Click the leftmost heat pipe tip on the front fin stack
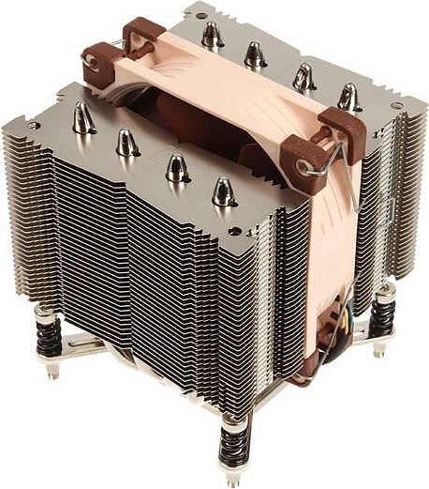tap(82, 117)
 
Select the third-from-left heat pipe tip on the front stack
tap(176, 167)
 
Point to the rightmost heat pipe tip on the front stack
tap(223, 191)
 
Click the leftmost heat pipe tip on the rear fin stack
tap(211, 35)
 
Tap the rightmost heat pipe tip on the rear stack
tap(348, 97)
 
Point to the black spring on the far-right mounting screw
tap(381, 314)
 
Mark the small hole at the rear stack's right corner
tap(396, 106)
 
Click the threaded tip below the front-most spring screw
tap(231, 476)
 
